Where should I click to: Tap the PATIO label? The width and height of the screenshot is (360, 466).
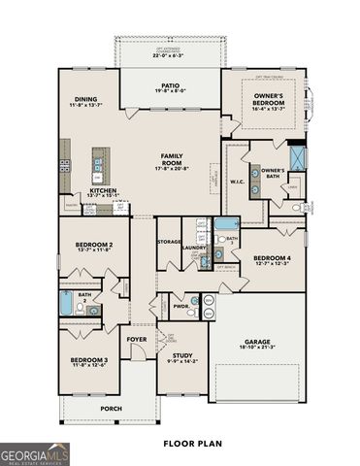click(170, 85)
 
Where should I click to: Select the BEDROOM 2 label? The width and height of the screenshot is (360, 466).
click(97, 245)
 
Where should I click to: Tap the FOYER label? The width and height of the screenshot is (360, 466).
click(136, 339)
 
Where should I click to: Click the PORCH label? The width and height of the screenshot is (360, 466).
click(111, 408)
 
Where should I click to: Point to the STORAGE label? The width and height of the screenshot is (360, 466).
click(170, 240)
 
